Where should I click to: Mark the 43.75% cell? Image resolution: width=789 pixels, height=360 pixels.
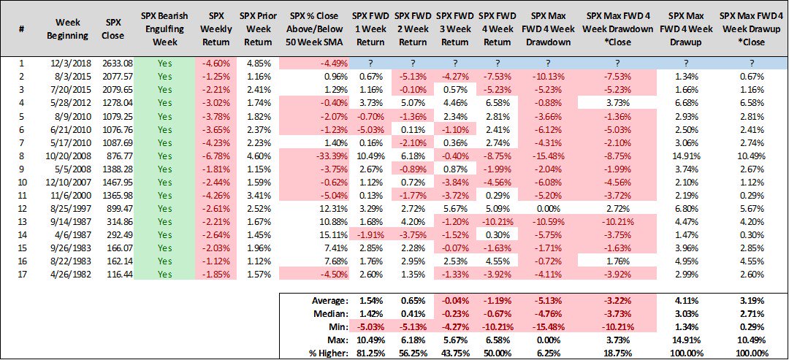[x=456, y=353]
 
